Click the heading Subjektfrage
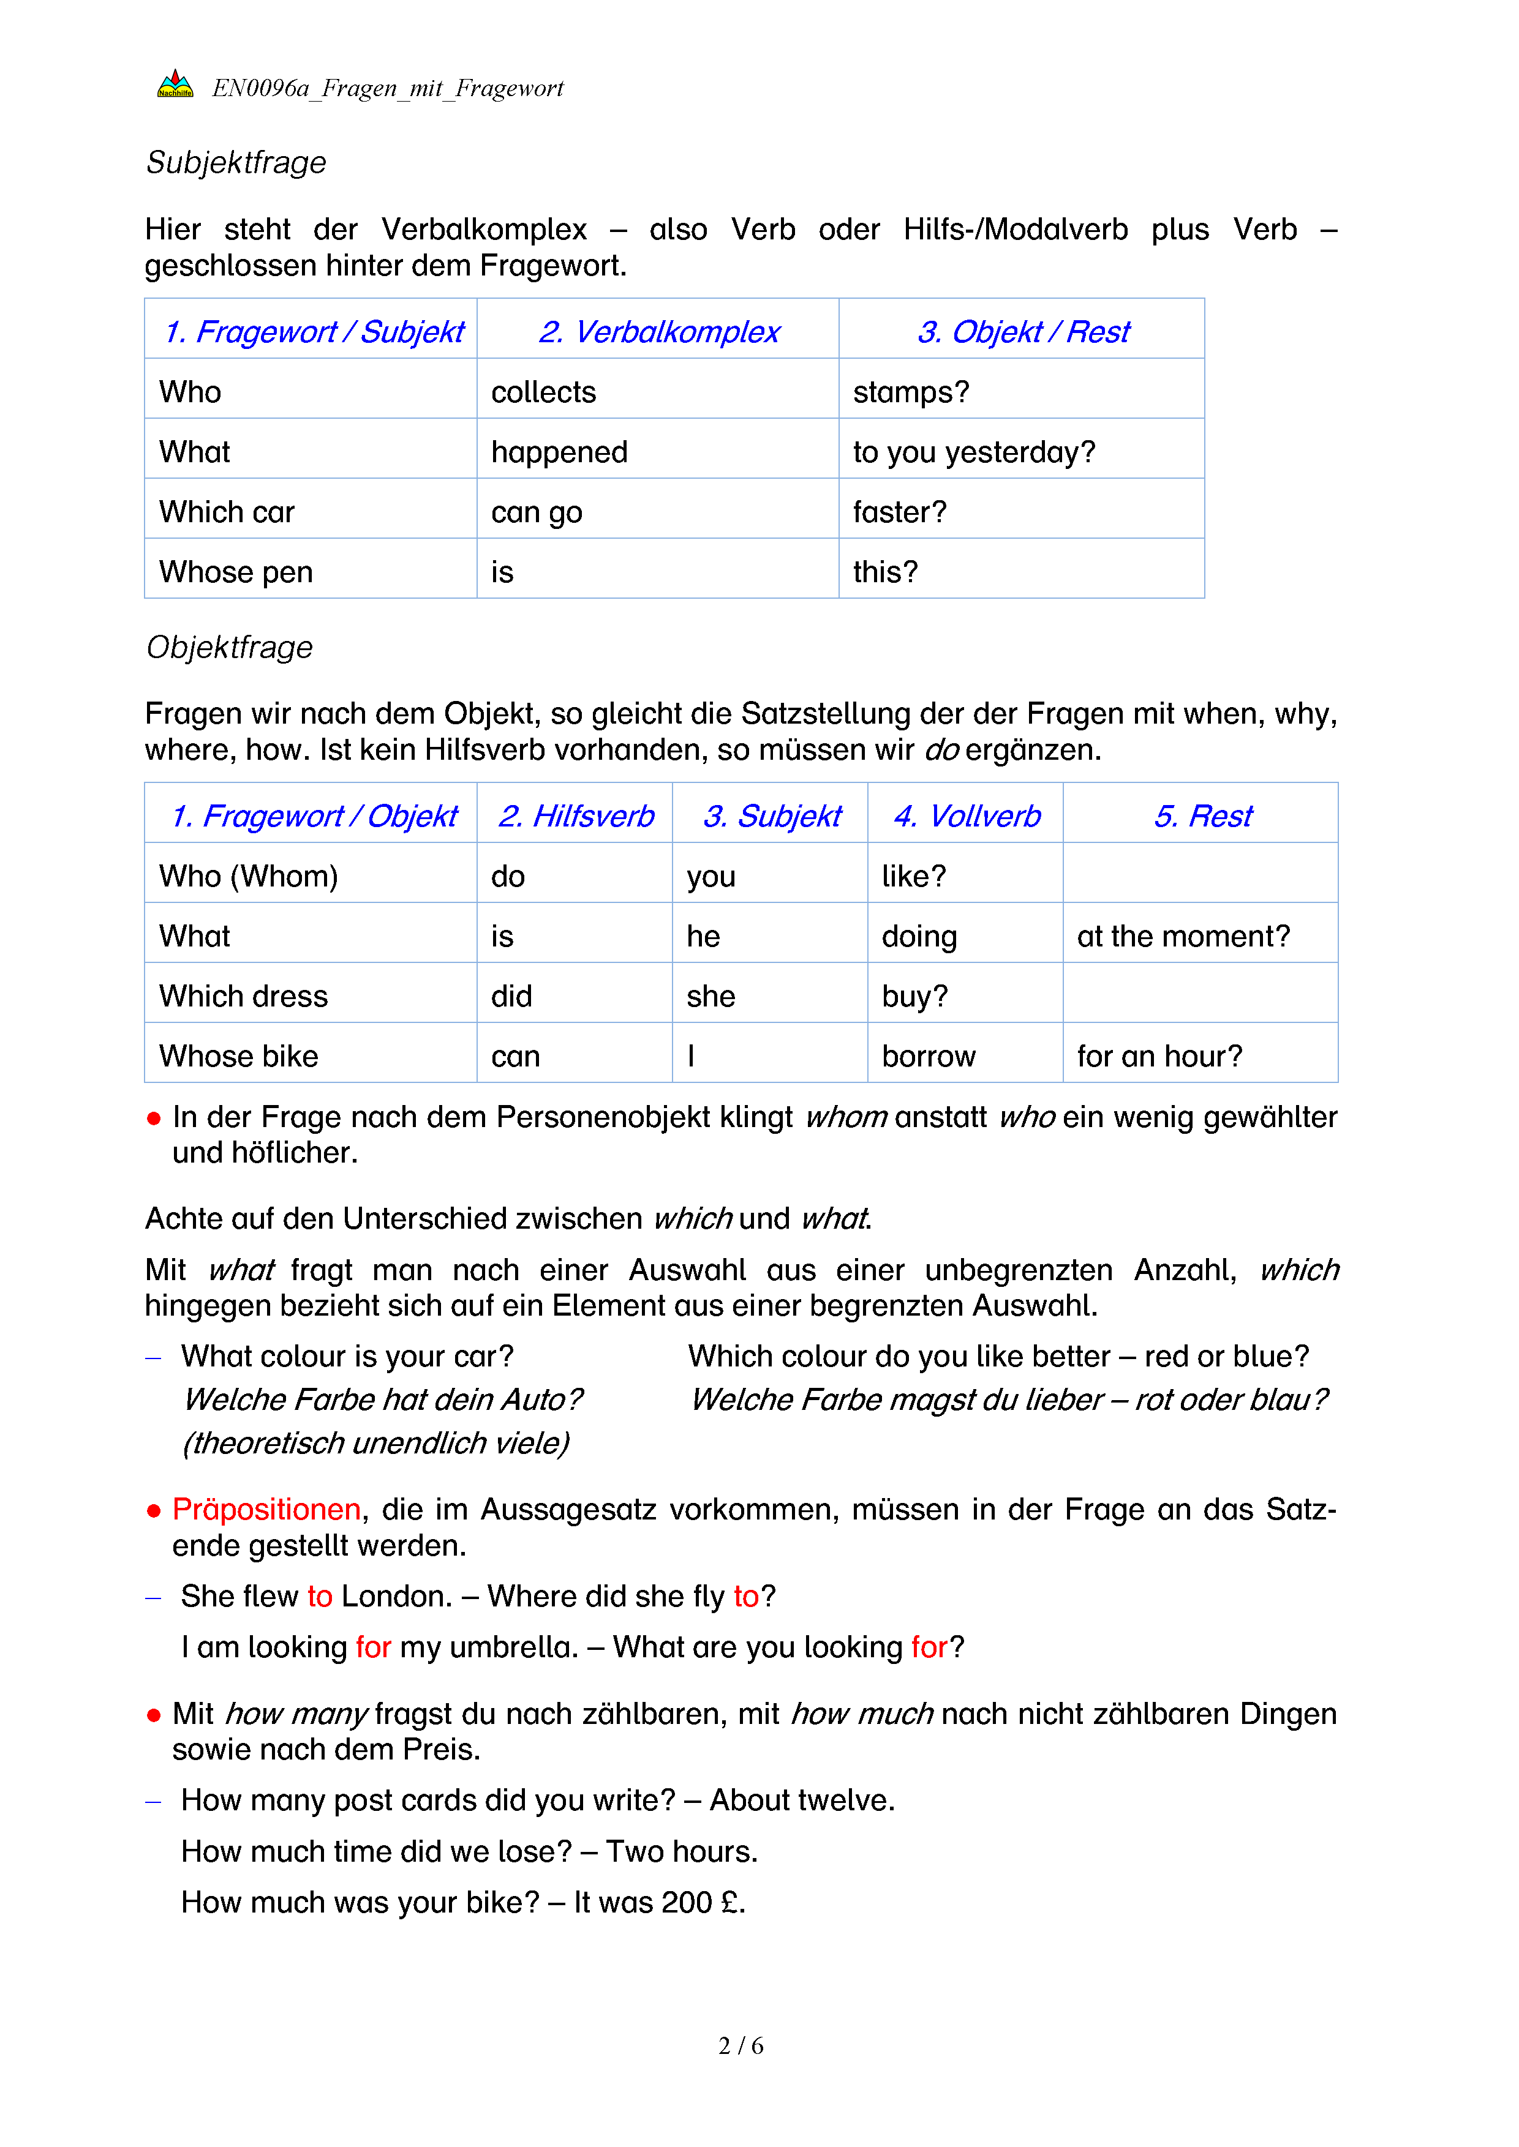click(x=236, y=163)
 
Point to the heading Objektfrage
click(x=229, y=647)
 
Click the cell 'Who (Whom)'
click(x=249, y=876)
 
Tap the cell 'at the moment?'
click(x=1183, y=936)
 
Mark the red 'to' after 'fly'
click(x=745, y=1596)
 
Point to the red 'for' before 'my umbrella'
click(x=373, y=1647)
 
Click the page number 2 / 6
click(x=741, y=2046)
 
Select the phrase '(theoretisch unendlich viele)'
click(x=376, y=1444)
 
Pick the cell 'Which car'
click(x=227, y=512)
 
